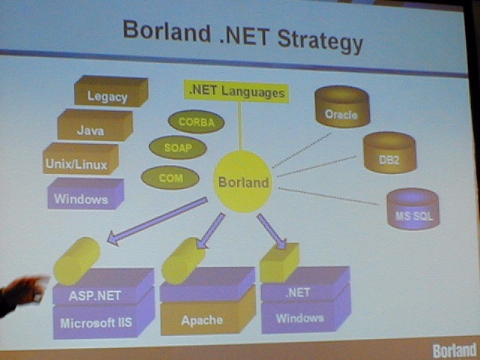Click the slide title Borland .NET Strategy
242,34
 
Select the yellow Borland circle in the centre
243,181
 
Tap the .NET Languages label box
235,92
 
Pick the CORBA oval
196,121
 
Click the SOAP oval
178,148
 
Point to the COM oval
170,178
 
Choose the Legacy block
109,94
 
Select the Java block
93,127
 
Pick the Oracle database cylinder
341,108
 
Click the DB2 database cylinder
389,154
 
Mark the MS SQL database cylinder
413,209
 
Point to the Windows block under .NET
300,316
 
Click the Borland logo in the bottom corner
454,350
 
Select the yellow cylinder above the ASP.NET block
76,259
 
